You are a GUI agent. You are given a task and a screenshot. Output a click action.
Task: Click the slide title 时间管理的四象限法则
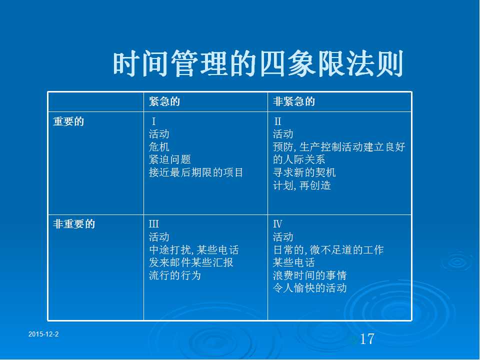(258, 64)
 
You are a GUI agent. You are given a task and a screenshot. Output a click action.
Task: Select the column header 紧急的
(164, 101)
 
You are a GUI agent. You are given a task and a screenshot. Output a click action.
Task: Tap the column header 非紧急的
(294, 101)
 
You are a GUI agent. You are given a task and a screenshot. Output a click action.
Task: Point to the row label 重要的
(68, 121)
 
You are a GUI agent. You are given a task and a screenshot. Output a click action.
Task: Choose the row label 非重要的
(74, 224)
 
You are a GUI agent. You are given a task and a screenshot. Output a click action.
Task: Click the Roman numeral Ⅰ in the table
(153, 121)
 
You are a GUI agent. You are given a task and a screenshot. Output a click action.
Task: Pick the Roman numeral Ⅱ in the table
(277, 121)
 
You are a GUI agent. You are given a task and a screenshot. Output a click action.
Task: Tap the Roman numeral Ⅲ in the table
(153, 224)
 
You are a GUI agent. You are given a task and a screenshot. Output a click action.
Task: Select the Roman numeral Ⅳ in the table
(277, 224)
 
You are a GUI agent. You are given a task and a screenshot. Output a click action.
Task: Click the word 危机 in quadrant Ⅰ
(159, 147)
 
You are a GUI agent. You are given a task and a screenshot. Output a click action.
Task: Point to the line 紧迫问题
(170, 159)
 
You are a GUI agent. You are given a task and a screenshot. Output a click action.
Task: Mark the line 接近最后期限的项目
(196, 172)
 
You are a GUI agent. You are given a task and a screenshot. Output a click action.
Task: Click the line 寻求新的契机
(304, 172)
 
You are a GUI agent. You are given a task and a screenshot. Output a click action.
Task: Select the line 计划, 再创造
(302, 185)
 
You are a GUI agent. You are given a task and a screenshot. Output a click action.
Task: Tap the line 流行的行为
(175, 275)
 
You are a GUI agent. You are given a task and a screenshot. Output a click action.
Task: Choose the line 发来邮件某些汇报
(191, 262)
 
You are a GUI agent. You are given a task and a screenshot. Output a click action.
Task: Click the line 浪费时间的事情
(309, 275)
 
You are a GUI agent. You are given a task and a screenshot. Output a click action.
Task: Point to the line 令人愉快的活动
(309, 288)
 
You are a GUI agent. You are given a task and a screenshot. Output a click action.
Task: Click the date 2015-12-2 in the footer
(43, 334)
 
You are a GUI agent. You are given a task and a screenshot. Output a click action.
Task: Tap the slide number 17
(367, 339)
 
